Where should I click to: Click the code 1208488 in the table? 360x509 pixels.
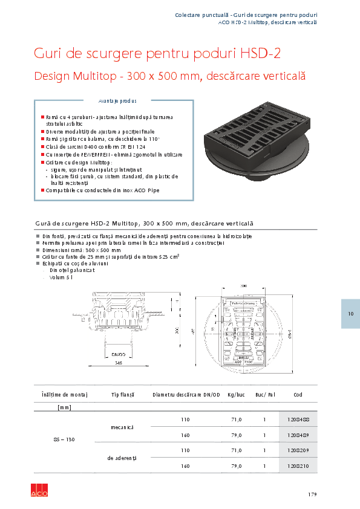coord(298,419)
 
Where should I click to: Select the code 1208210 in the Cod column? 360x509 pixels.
coord(298,466)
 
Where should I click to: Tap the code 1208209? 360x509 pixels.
coord(298,450)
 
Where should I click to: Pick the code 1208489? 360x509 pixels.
coord(298,435)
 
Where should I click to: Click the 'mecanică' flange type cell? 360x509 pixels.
coord(122,427)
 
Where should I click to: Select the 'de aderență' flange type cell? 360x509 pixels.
coord(122,458)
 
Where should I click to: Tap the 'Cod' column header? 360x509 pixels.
coord(298,394)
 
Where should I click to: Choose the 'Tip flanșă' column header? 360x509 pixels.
coord(122,394)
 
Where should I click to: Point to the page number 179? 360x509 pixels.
coord(312,494)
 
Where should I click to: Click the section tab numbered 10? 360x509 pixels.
coord(350,314)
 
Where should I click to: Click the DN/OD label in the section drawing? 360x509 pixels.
coord(118,354)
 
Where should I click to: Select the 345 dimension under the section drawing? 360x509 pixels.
coord(119,363)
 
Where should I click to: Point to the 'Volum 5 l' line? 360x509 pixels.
coord(61,277)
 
